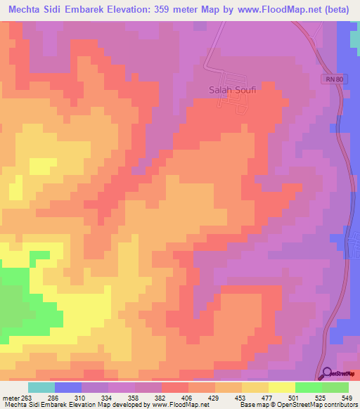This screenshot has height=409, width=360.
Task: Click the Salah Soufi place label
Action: (233, 89)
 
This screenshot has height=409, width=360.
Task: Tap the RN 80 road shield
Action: (335, 79)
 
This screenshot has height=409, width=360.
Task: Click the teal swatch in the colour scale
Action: (41, 387)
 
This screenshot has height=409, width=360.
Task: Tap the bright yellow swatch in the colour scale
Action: (282, 387)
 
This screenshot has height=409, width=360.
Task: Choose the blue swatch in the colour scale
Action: (68, 387)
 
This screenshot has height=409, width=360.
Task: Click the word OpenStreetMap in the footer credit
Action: (299, 405)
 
